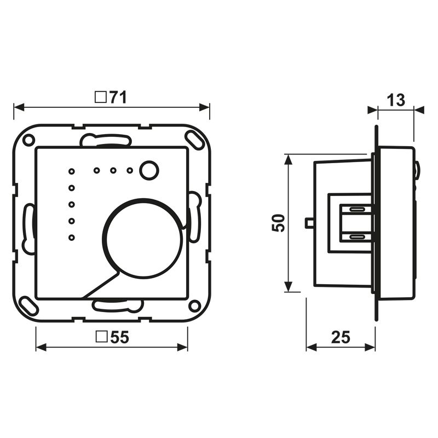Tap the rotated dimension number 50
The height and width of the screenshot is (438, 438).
279,222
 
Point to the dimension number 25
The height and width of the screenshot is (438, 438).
340,337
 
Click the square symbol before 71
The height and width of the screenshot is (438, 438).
100,97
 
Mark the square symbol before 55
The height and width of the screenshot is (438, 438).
101,338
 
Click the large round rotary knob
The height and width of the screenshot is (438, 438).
141,236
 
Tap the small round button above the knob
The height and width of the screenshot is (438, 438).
147,170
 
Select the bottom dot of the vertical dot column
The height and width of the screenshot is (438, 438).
71,237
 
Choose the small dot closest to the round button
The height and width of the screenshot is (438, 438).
130,170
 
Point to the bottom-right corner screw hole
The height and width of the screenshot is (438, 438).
194,306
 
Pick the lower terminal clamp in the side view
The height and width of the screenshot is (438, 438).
356,237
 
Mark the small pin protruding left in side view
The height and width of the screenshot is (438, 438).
309,222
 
